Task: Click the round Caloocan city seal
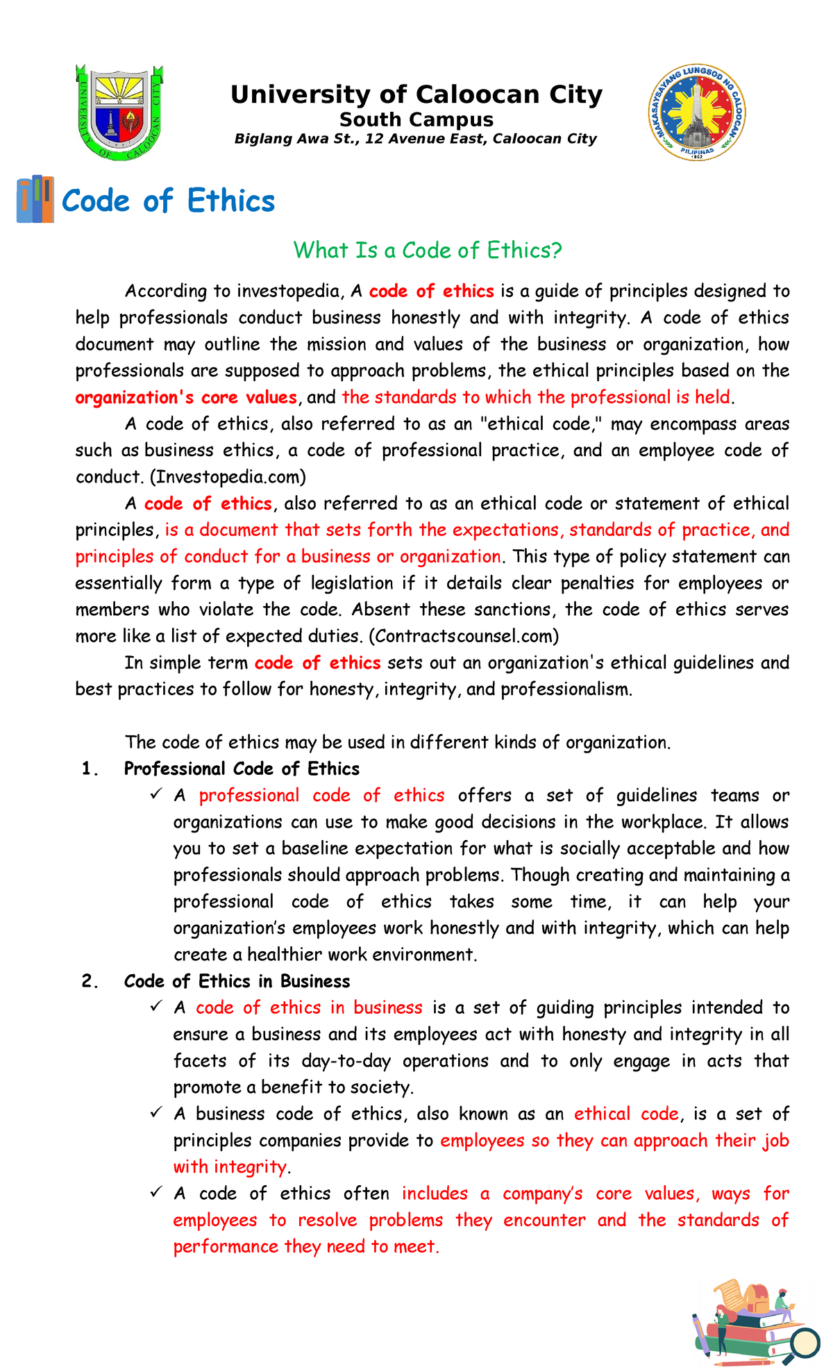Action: [x=698, y=112]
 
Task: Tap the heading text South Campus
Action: [x=416, y=120]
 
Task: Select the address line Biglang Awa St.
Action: [x=415, y=139]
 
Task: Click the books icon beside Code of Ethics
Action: [x=35, y=199]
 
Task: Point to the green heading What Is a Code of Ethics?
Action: [x=427, y=250]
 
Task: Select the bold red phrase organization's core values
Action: [x=186, y=398]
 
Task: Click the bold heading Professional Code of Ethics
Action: [x=242, y=769]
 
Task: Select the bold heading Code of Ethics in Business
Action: [x=237, y=981]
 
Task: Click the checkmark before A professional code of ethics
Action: [x=155, y=794]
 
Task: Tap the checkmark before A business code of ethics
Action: [x=155, y=1112]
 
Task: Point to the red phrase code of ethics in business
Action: [x=309, y=1007]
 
